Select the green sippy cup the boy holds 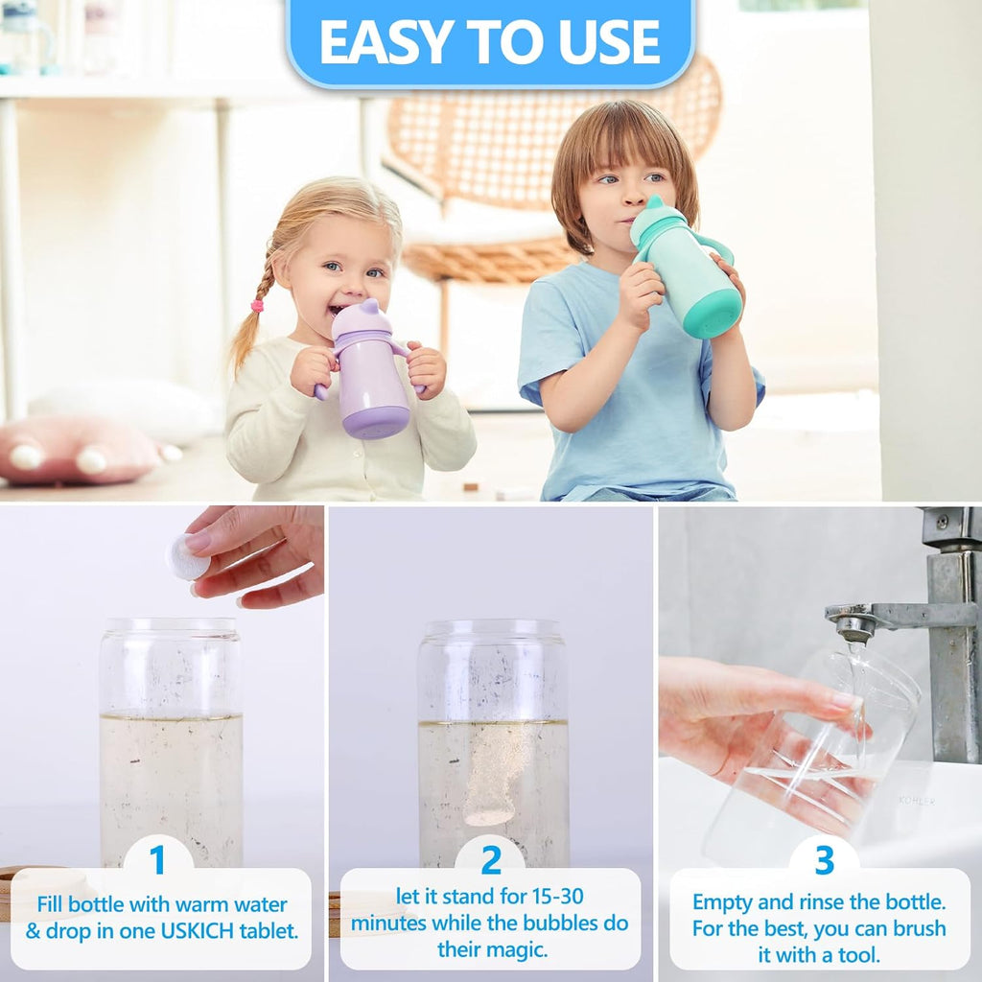(x=689, y=273)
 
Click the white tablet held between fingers (x=187, y=556)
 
